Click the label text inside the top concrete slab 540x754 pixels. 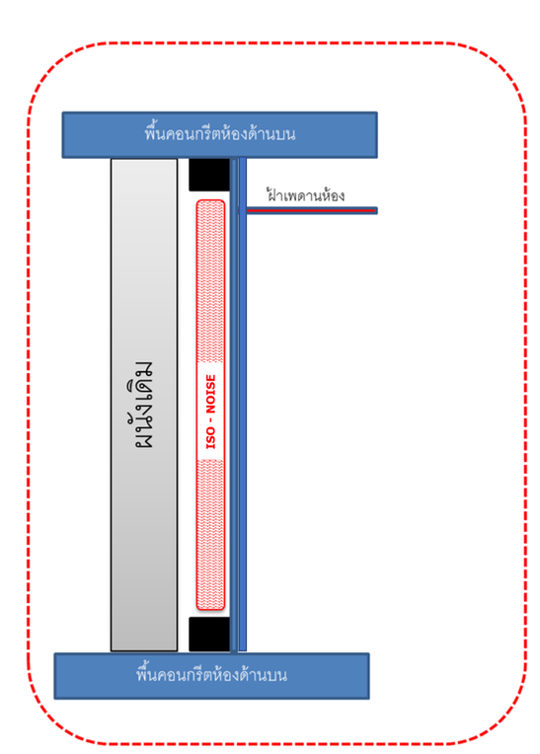220,133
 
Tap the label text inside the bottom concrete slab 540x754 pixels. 211,675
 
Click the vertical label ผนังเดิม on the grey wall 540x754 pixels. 144,405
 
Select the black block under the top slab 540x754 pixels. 209,175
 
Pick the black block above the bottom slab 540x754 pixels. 209,635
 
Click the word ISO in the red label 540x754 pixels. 210,437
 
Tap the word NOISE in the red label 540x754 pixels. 210,394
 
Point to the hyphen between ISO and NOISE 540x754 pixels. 210,420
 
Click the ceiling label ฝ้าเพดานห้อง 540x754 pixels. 305,195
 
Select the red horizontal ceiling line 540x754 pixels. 311,210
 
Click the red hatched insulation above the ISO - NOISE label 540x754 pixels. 210,281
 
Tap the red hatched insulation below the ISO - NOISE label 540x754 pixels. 210,534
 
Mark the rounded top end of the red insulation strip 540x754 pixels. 210,202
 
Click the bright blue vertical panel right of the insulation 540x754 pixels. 243,405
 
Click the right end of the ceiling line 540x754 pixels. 376,210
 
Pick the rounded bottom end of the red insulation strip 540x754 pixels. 210,607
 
